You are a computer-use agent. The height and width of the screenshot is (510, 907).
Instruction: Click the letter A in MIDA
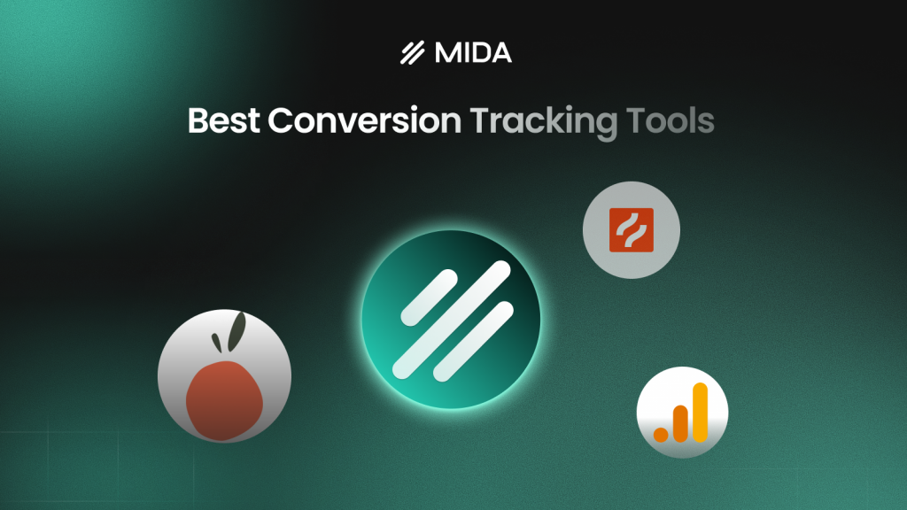point(500,54)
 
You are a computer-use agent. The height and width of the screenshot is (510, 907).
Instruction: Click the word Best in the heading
point(224,122)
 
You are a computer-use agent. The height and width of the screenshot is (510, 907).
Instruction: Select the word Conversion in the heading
point(365,122)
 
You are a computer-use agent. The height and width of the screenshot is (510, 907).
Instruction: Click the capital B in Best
point(198,122)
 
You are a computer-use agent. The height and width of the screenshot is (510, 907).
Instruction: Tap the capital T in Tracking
point(477,122)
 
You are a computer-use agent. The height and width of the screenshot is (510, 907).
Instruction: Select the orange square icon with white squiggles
point(631,230)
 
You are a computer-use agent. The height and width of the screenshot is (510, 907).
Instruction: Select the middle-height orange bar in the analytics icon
point(680,422)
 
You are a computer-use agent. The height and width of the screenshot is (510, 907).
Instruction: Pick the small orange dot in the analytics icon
point(661,434)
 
